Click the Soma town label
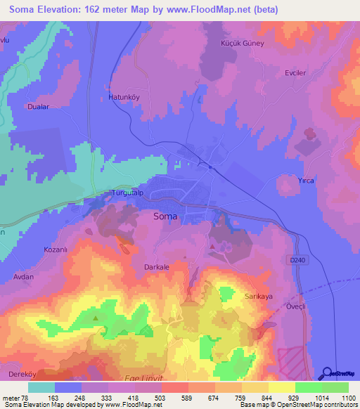[165, 217]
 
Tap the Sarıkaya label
[258, 297]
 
